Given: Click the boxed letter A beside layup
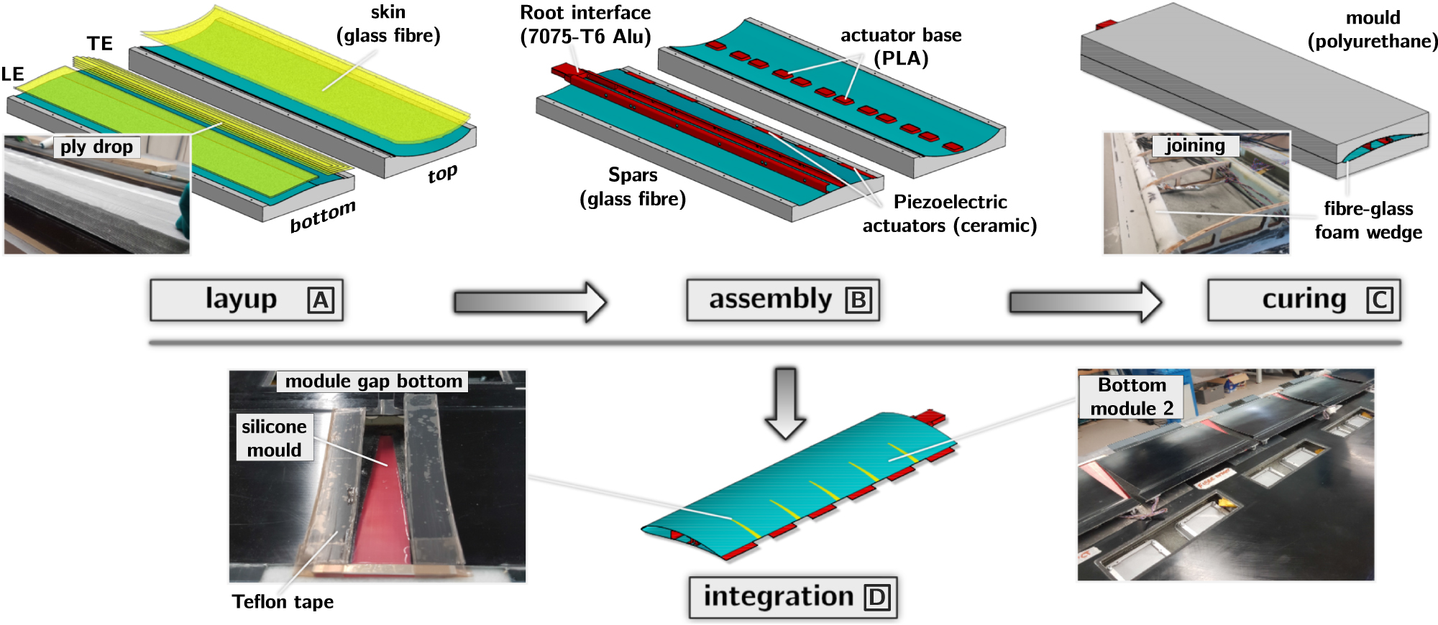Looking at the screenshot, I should pyautogui.click(x=321, y=300).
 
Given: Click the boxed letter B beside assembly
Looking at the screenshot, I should pyautogui.click(x=858, y=300).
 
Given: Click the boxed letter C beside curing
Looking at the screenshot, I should pyautogui.click(x=1379, y=300).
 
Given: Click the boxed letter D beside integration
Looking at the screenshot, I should pyautogui.click(x=877, y=597).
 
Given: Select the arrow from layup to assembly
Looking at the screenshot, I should pyautogui.click(x=531, y=302).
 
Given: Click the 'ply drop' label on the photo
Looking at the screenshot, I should pyautogui.click(x=96, y=147).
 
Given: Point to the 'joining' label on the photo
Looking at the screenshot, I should pyautogui.click(x=1195, y=146).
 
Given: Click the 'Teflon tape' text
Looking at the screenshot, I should pyautogui.click(x=283, y=602).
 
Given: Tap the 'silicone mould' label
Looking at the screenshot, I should pyautogui.click(x=274, y=437).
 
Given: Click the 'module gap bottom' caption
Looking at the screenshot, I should pyautogui.click(x=373, y=381).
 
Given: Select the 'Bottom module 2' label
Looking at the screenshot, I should pyautogui.click(x=1132, y=397).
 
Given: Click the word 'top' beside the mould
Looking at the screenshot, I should pyautogui.click(x=442, y=175).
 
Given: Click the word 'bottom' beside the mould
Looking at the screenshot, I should pyautogui.click(x=322, y=216).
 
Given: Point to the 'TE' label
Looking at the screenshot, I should pyautogui.click(x=100, y=44).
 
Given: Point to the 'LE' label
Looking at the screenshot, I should pyautogui.click(x=13, y=74).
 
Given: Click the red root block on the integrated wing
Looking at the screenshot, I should pyautogui.click(x=930, y=417).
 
